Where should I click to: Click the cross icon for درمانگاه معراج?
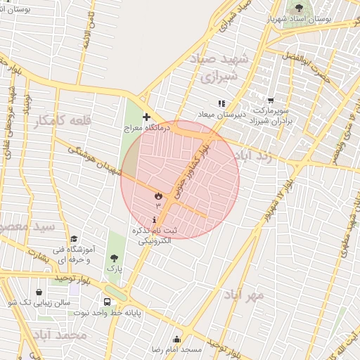click(x=146, y=117)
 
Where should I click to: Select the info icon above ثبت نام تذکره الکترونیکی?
click(x=154, y=219)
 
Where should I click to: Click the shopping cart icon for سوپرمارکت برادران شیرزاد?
click(x=271, y=103)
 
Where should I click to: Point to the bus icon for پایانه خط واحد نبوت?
click(x=107, y=302)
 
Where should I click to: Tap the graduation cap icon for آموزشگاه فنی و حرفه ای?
click(x=74, y=238)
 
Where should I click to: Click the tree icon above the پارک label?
click(x=114, y=258)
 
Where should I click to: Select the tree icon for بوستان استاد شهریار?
click(x=299, y=8)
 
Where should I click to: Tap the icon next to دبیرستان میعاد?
click(x=221, y=103)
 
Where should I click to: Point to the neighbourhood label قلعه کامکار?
click(x=63, y=121)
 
